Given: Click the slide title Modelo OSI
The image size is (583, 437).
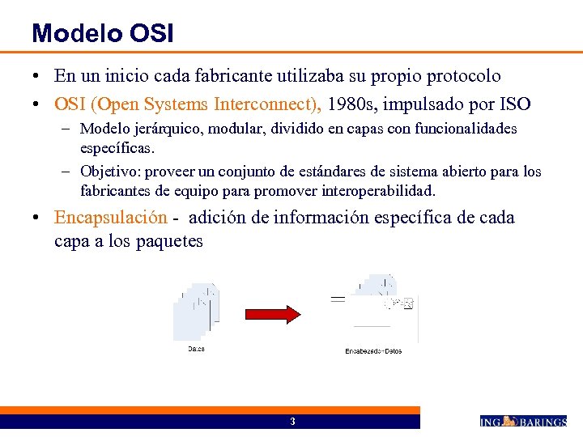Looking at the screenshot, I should [102, 33].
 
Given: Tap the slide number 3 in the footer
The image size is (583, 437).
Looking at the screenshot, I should [292, 422].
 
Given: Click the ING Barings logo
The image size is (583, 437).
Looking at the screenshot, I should [523, 421].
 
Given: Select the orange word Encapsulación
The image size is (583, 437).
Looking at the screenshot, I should [111, 218].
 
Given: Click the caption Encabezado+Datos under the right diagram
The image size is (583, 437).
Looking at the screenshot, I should [373, 351].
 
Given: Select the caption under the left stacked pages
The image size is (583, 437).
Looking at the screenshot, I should [196, 349].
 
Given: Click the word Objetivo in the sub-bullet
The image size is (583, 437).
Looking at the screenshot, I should [110, 172].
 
